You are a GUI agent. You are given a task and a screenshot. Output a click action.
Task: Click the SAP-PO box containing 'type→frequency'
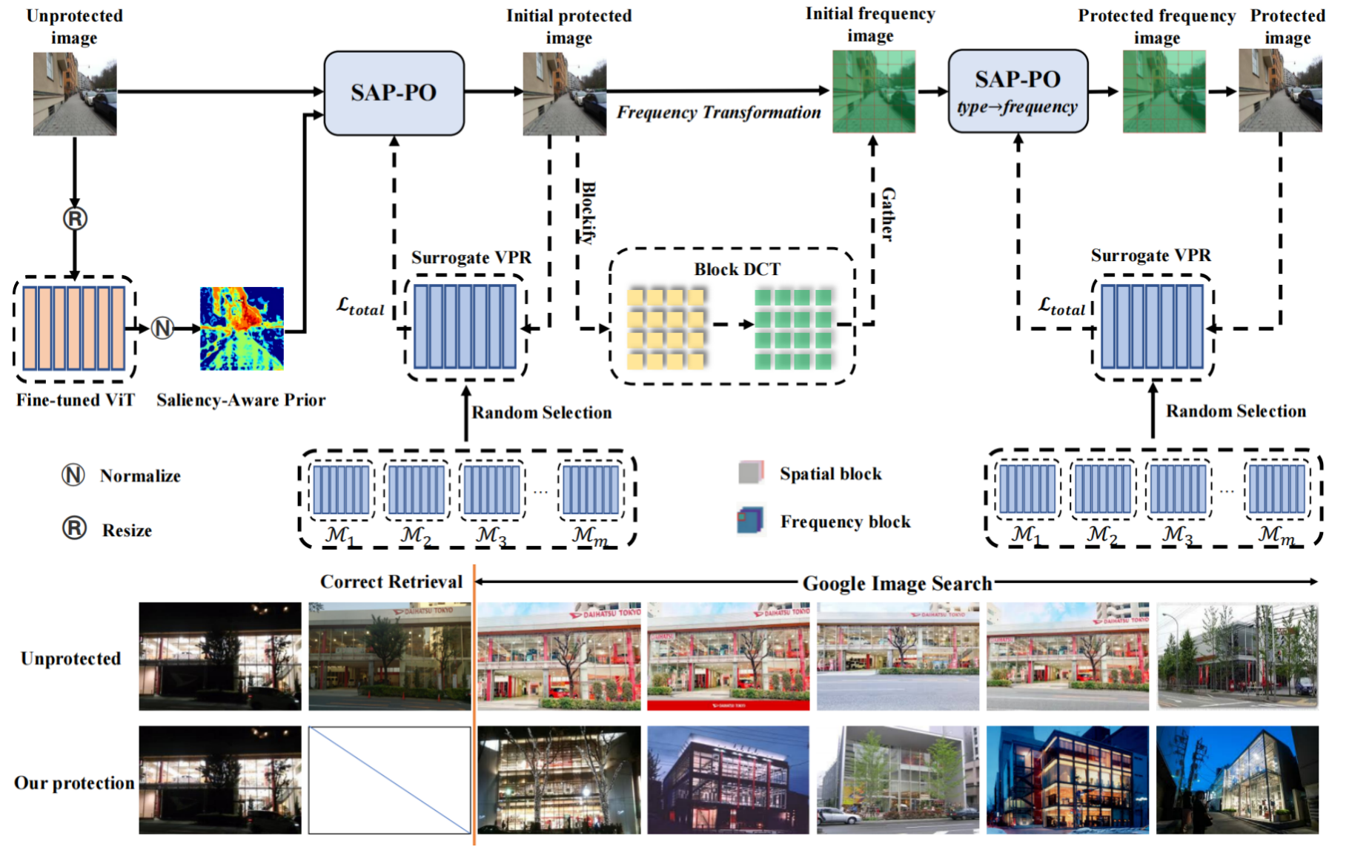tap(1018, 91)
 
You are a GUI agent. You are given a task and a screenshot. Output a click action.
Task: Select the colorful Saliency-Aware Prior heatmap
tap(242, 329)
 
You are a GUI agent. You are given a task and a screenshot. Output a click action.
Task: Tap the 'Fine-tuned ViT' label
tap(76, 401)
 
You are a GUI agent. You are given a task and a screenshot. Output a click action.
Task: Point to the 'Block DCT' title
tap(737, 269)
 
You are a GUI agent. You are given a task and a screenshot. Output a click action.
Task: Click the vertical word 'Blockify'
tap(588, 212)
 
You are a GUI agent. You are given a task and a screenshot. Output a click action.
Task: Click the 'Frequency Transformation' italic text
tap(718, 113)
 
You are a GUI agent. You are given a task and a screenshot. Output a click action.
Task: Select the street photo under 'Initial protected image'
tap(564, 93)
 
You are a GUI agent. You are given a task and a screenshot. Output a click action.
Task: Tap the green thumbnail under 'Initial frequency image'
tap(873, 91)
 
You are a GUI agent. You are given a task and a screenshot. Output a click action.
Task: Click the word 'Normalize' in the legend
tap(140, 476)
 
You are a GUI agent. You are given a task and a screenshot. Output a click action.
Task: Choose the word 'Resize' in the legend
tap(127, 531)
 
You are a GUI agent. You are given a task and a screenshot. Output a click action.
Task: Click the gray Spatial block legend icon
tap(750, 472)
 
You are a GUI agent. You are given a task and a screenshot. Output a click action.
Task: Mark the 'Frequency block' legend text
tap(845, 522)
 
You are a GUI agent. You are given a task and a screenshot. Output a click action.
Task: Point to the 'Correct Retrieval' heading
tap(391, 582)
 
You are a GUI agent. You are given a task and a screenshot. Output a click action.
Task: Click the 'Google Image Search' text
tap(897, 584)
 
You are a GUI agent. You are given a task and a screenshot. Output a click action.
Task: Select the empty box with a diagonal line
tap(389, 780)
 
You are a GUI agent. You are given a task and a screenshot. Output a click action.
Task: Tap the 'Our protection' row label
tap(74, 783)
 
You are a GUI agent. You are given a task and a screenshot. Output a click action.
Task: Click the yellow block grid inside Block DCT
tap(666, 329)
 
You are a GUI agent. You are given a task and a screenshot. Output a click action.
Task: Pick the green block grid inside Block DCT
tap(792, 329)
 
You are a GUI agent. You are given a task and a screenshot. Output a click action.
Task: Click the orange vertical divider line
tap(474, 705)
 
